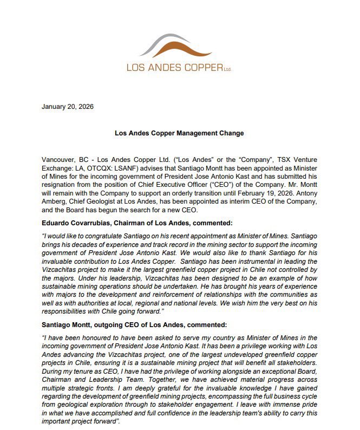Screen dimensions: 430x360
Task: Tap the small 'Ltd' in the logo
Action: pyautogui.click(x=228, y=69)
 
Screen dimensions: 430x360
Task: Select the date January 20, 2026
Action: pyautogui.click(x=67, y=106)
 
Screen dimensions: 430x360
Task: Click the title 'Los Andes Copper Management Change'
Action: pyautogui.click(x=179, y=133)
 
